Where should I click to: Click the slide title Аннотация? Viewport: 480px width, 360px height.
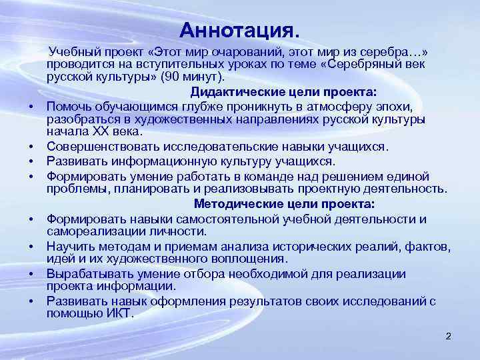pyautogui.click(x=239, y=31)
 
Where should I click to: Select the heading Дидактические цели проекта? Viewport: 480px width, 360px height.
pyautogui.click(x=284, y=92)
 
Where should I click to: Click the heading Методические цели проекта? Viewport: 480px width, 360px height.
pyautogui.click(x=284, y=204)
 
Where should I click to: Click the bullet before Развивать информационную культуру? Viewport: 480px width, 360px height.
pyautogui.click(x=31, y=161)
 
